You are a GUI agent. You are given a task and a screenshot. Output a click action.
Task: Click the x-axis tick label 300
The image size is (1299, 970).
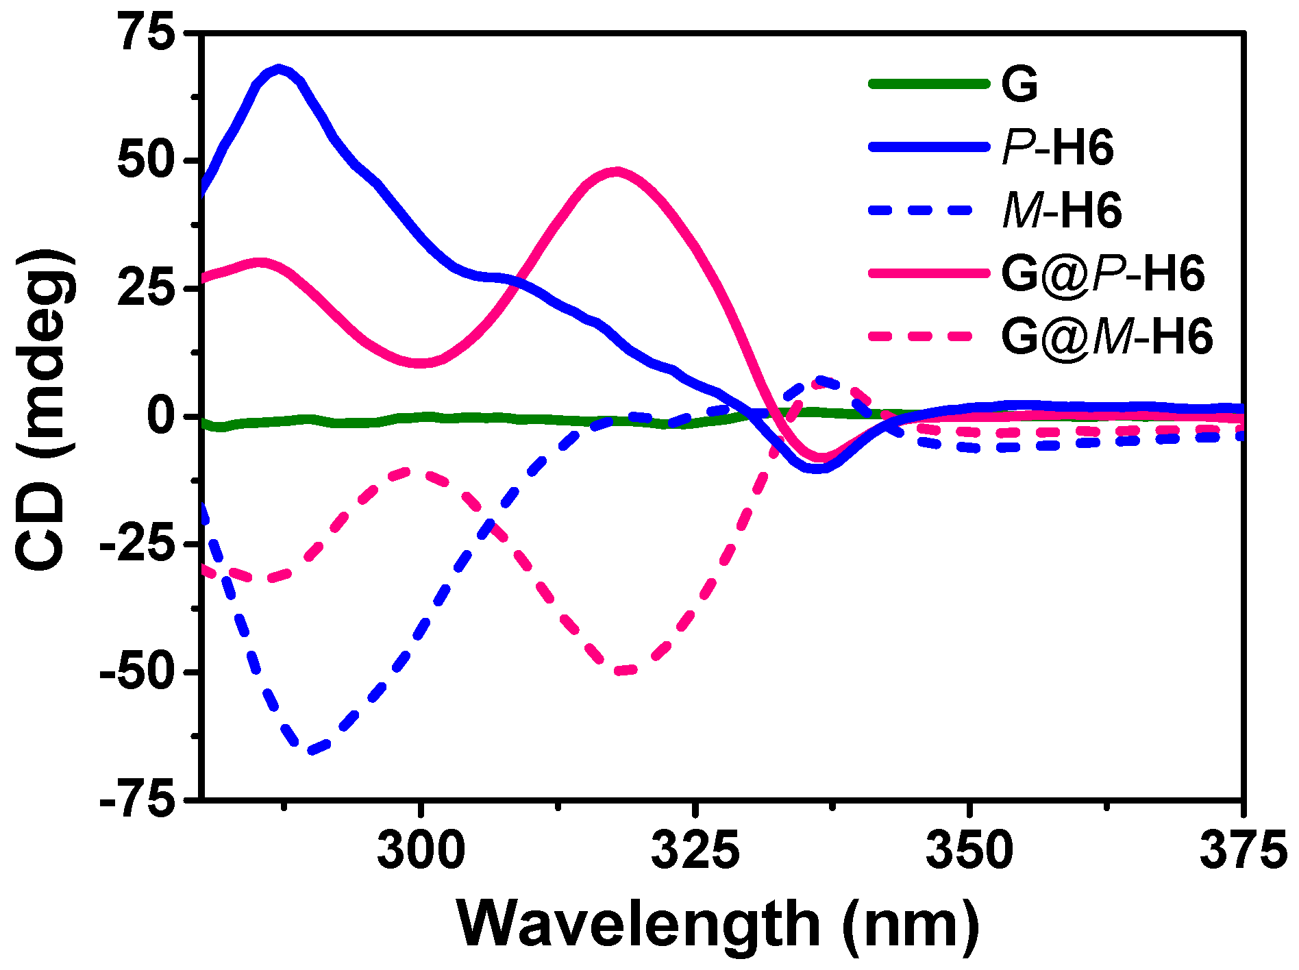click(421, 850)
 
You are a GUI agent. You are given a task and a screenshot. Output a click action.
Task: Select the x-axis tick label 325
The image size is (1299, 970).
click(695, 850)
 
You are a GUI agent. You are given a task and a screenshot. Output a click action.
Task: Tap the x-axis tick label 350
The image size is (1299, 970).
click(969, 850)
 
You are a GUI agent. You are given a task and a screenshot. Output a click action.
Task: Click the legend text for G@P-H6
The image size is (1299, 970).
click(1102, 274)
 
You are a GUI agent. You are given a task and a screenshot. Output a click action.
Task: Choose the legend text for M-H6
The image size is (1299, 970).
click(1062, 211)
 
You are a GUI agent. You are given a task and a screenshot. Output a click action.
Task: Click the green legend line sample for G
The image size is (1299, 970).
click(929, 84)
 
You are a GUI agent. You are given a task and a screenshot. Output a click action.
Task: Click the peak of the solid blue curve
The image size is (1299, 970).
click(278, 69)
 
